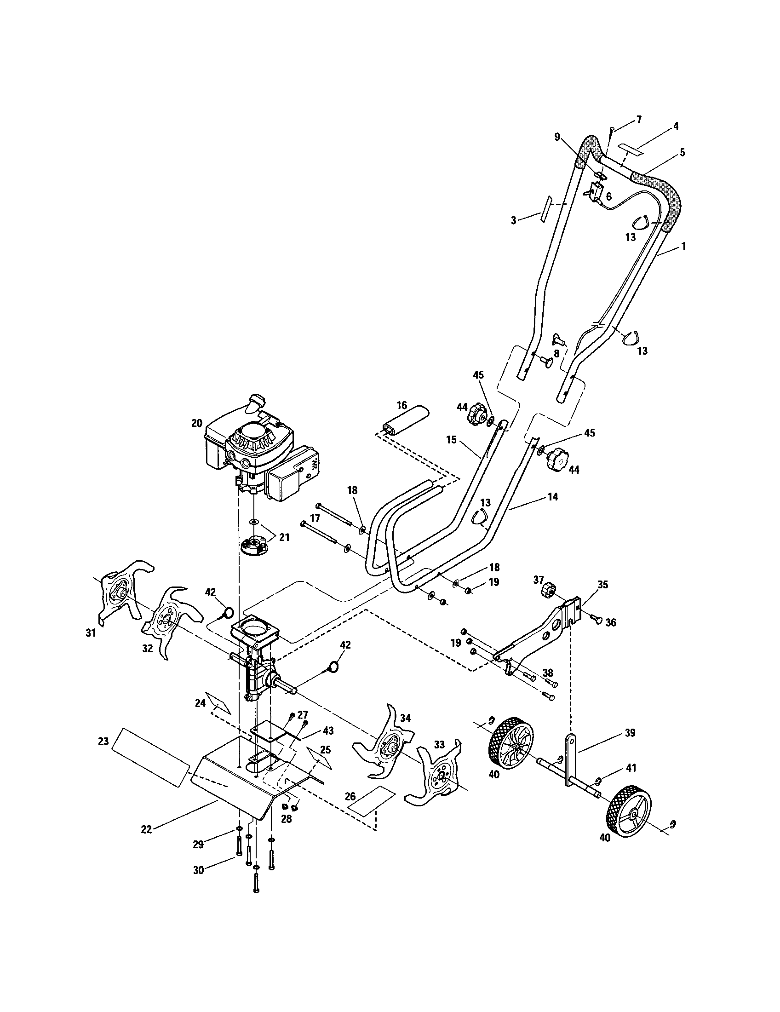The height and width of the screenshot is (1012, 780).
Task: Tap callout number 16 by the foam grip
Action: (x=402, y=405)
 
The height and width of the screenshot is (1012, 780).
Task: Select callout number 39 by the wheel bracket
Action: (x=630, y=733)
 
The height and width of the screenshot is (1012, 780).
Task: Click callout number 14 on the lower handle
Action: (x=552, y=497)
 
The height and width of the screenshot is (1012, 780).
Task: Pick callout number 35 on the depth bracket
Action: (x=602, y=585)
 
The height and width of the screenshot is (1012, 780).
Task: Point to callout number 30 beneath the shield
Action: (x=198, y=870)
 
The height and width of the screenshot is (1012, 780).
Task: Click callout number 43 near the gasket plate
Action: (x=328, y=731)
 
